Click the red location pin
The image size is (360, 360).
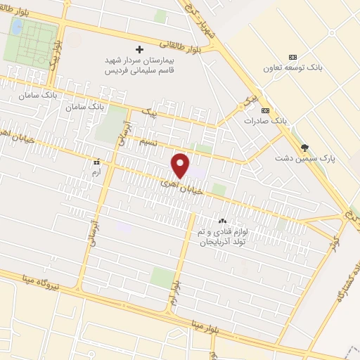click(181, 165)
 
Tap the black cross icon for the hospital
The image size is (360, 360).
click(139, 49)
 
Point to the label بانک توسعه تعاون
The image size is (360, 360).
click(292, 68)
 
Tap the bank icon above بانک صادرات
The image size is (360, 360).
click(264, 110)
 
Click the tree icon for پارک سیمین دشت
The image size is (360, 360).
click(304, 147)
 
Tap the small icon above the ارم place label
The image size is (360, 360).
click(96, 161)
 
